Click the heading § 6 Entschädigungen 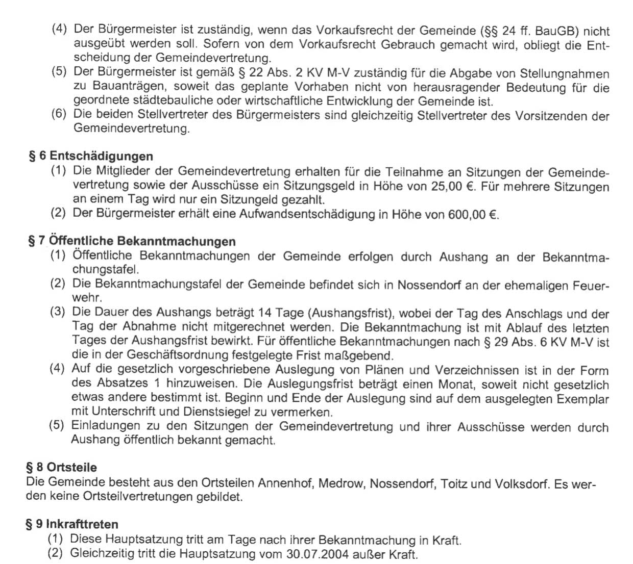pos(91,156)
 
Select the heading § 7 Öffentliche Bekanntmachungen pos(132,241)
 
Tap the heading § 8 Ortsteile pos(61,467)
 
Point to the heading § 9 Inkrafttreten pos(72,524)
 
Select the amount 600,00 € pos(472,214)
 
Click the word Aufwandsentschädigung pos(307,214)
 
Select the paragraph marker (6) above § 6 pos(59,114)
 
